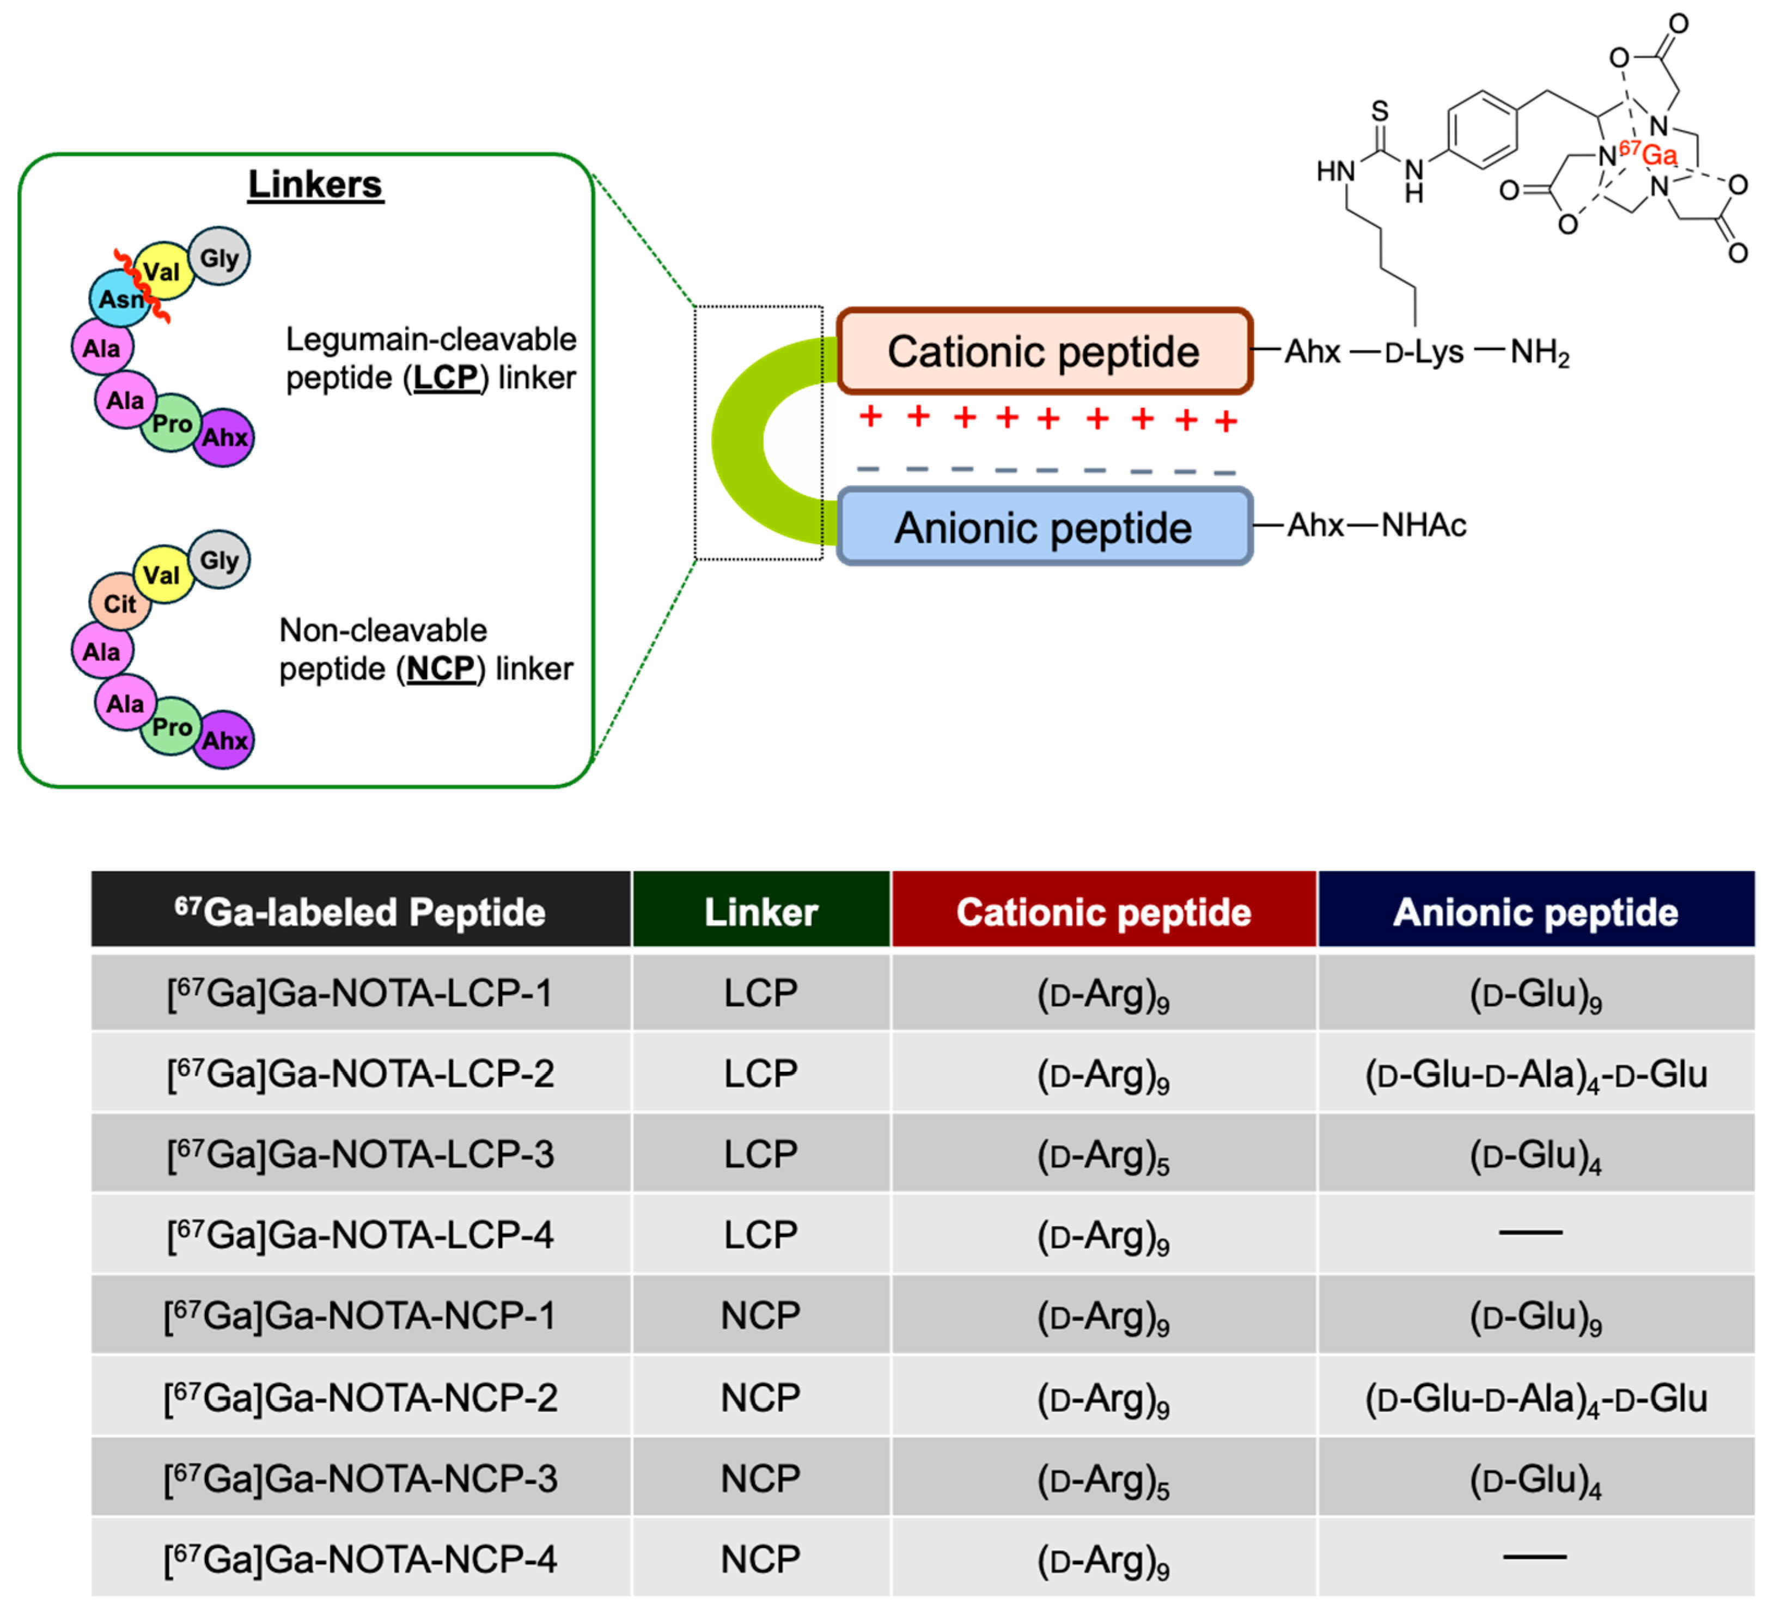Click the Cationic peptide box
click(1044, 351)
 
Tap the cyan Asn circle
click(119, 299)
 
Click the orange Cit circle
click(119, 604)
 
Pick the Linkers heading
click(315, 184)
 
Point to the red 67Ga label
click(1650, 154)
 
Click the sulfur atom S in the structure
click(1380, 112)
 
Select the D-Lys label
click(1424, 352)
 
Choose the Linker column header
click(761, 912)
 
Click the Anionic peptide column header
click(1535, 912)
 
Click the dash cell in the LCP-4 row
click(1530, 1233)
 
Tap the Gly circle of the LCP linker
click(219, 257)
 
